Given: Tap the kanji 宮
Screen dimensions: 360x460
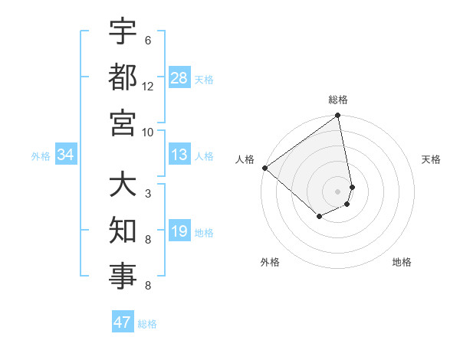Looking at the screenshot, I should tap(123, 123).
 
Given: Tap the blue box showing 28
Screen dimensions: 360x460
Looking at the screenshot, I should tap(179, 77).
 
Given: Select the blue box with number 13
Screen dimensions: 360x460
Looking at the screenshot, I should tap(179, 155).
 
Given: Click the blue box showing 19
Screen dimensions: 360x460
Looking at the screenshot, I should tap(179, 232).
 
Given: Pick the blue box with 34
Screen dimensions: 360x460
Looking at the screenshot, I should tap(66, 155).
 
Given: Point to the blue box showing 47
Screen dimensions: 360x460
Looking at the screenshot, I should tap(123, 322).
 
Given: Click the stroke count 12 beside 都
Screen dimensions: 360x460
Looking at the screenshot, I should tap(148, 86).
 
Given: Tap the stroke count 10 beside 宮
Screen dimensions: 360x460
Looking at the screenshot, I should tap(148, 131).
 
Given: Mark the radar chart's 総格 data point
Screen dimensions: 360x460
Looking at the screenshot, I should tap(338, 116).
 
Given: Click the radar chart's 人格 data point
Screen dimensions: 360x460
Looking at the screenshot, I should tap(265, 168).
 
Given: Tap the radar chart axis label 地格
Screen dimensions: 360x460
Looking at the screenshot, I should tap(402, 262).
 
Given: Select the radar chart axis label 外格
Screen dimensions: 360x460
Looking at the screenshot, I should tap(270, 262).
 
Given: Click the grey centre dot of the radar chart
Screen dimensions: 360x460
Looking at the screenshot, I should tap(338, 191).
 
